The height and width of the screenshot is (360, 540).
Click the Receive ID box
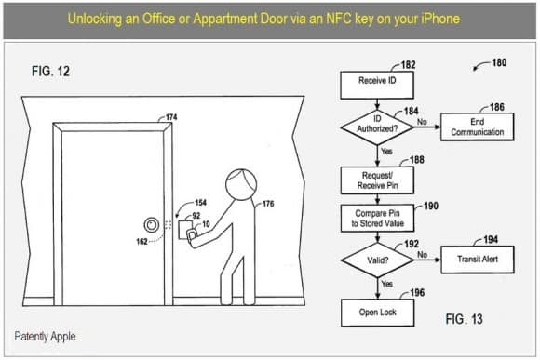click(x=377, y=85)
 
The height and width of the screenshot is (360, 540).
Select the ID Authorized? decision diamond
click(x=377, y=127)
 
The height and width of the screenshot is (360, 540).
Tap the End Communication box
click(x=478, y=127)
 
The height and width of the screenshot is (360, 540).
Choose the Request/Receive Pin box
click(x=377, y=180)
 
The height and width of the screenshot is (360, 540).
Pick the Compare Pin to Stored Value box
click(x=377, y=219)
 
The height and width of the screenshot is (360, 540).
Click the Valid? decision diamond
click(x=377, y=260)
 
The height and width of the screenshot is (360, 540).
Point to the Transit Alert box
click(x=478, y=260)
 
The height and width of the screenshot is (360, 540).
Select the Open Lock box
click(x=377, y=313)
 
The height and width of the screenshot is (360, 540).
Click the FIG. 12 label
click(x=50, y=72)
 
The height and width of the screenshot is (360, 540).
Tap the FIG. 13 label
click(x=464, y=319)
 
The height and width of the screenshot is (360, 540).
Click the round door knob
click(x=151, y=225)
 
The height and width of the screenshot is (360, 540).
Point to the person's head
click(x=241, y=184)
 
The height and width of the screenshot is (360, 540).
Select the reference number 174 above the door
click(x=171, y=117)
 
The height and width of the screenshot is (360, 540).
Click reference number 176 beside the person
click(x=268, y=204)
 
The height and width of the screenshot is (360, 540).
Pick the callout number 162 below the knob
click(x=142, y=242)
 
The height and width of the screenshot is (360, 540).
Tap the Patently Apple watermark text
click(x=45, y=336)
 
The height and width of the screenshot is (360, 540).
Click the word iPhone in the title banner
click(x=440, y=19)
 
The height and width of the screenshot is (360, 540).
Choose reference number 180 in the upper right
click(x=499, y=62)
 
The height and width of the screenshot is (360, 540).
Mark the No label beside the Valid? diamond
click(x=422, y=254)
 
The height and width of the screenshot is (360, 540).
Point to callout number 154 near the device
click(x=200, y=203)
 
